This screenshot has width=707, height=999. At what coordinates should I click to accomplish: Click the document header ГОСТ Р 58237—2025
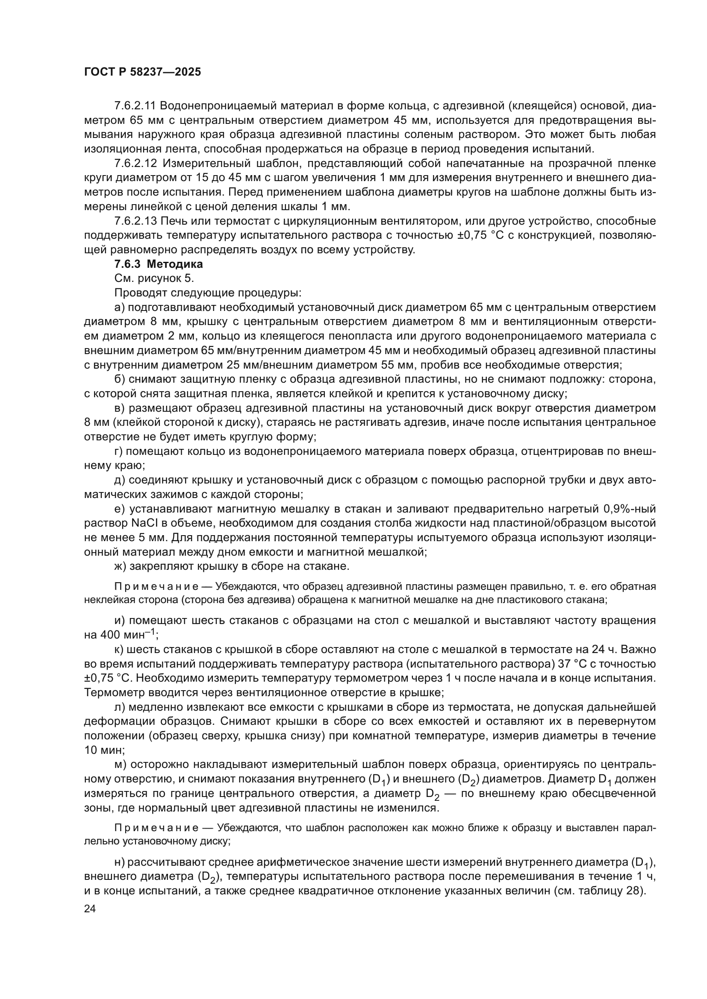pos(142,72)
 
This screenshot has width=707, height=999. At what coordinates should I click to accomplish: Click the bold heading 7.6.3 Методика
pos(159,264)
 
